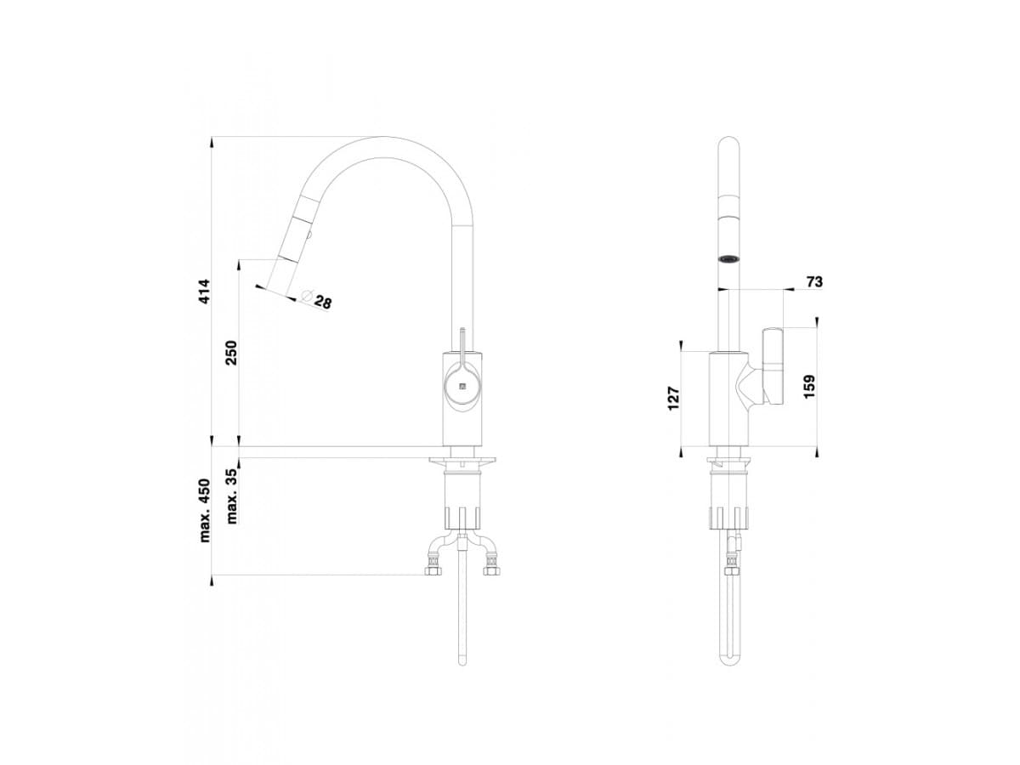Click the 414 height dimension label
point(205,292)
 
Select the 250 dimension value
point(231,352)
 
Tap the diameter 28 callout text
point(322,301)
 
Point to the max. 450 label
point(205,510)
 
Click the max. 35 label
point(232,496)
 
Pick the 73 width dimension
point(814,282)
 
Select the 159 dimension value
point(808,387)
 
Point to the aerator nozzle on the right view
point(729,258)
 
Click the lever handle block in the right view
point(774,366)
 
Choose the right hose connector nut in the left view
point(490,570)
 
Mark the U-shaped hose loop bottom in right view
point(730,660)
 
